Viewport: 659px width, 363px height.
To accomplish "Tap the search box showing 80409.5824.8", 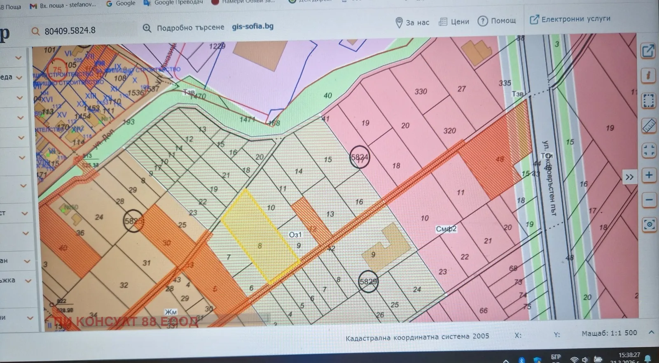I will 82,30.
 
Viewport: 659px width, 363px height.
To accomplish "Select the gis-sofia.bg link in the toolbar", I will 252,26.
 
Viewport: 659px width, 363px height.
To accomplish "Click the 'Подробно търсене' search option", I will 190,28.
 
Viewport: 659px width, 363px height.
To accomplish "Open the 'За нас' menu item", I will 413,23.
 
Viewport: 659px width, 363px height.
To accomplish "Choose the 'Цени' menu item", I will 454,21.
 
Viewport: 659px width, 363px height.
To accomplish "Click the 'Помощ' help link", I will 497,21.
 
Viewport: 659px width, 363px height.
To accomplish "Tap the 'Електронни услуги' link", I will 570,19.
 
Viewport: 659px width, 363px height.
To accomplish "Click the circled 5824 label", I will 360,157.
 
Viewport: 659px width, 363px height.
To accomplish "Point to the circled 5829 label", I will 368,282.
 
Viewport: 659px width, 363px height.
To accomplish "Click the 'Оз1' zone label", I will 295,235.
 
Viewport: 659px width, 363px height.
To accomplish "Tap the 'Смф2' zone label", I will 446,229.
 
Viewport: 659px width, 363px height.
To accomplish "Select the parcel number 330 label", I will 421,91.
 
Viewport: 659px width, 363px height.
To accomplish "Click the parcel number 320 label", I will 449,130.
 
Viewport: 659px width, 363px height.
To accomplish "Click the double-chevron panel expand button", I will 629,177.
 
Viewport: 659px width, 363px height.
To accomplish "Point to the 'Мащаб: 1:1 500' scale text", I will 609,333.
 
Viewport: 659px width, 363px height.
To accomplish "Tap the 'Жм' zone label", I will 171,312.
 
